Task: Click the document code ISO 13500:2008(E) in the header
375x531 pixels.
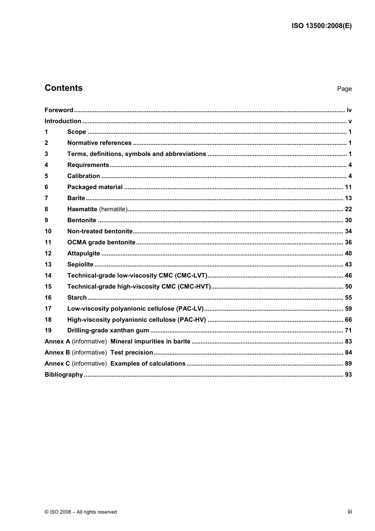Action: coord(321,26)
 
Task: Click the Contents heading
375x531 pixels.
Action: coord(64,88)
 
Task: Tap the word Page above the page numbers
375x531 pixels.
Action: coord(344,89)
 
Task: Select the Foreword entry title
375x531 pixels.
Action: coord(59,110)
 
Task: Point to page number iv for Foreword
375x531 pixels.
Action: coord(349,110)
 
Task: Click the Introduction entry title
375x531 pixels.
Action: coord(63,121)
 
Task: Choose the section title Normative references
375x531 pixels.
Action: coord(99,143)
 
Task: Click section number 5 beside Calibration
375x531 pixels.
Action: coord(46,176)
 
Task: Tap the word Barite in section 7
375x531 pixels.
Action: coord(76,198)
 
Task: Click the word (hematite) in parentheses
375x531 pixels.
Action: coord(113,209)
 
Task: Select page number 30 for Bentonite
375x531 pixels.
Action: coord(348,220)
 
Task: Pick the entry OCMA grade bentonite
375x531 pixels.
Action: coord(101,242)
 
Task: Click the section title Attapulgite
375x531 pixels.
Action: coord(84,253)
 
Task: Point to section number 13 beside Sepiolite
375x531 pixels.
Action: coord(48,265)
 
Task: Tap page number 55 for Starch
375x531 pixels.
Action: coord(348,298)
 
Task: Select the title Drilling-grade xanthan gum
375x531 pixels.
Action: coord(108,330)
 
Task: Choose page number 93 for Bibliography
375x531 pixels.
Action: coord(348,375)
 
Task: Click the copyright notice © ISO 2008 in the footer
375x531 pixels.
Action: coord(81,512)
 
